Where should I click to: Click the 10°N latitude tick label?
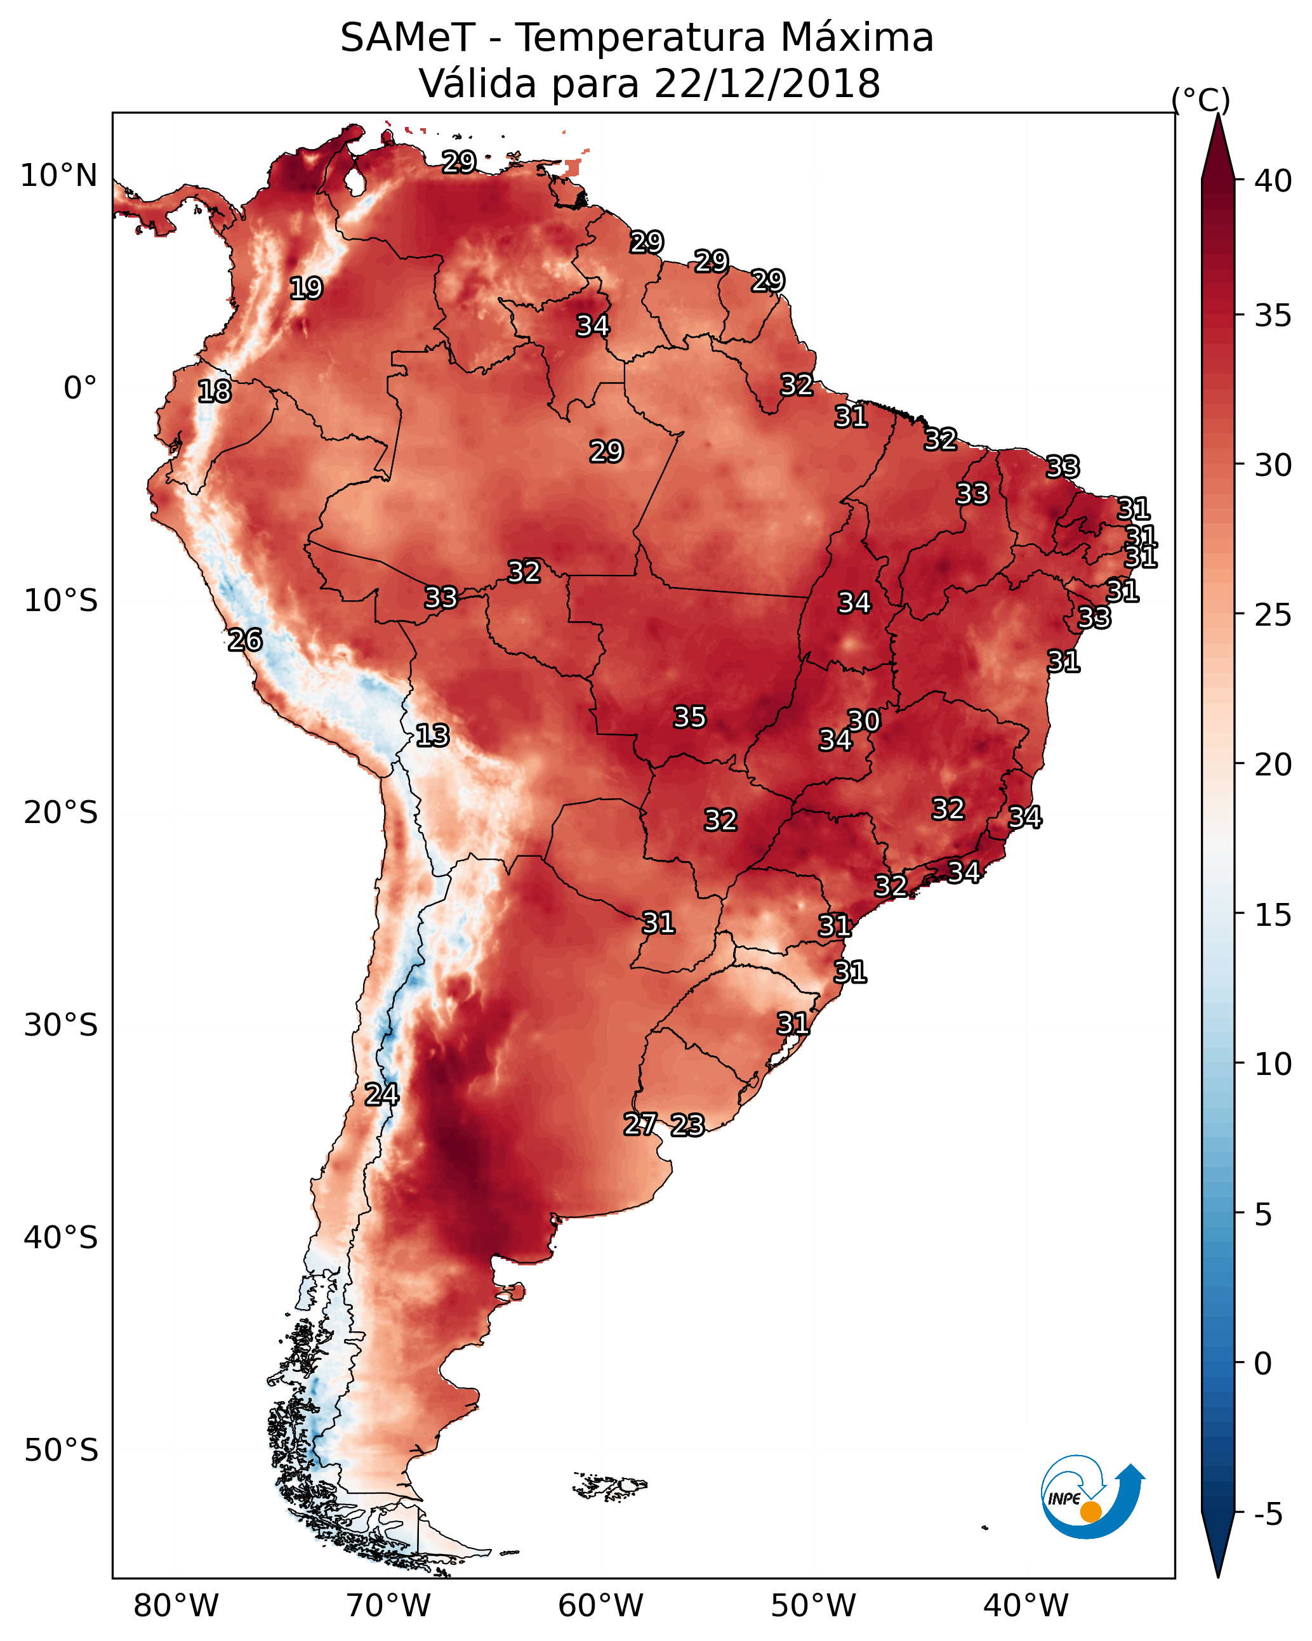[x=58, y=176]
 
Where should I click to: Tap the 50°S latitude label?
[x=61, y=1450]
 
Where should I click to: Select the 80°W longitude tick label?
[x=176, y=1605]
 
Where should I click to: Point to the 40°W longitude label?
[x=1026, y=1605]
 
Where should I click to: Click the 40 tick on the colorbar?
[x=1273, y=181]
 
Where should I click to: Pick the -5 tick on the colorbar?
[x=1268, y=1514]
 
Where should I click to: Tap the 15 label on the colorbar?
[x=1273, y=915]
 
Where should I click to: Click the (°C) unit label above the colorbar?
[x=1200, y=100]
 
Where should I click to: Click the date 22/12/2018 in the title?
[x=767, y=84]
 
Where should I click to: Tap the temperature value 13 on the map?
[x=432, y=735]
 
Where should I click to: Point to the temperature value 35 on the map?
[x=690, y=717]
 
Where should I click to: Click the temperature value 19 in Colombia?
[x=306, y=289]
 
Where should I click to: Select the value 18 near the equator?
[x=214, y=392]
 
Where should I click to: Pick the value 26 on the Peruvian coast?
[x=245, y=640]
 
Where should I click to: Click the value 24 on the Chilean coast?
[x=381, y=1095]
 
